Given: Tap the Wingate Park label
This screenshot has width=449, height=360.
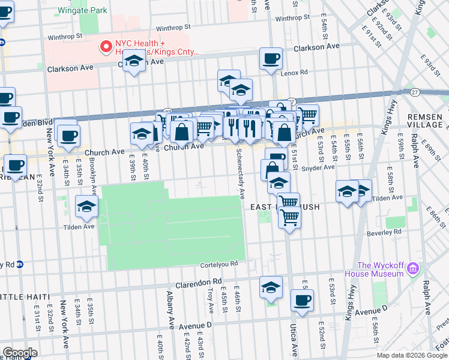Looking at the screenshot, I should click(x=82, y=10).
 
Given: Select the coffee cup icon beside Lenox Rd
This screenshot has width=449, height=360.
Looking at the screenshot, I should click(x=271, y=58).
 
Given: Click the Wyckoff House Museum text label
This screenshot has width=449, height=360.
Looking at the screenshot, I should click(x=380, y=269).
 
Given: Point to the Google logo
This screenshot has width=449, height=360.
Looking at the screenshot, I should click(x=20, y=352).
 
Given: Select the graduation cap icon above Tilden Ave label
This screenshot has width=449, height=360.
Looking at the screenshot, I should click(x=87, y=207).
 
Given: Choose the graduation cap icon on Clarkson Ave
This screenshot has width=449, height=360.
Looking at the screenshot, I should click(x=134, y=61).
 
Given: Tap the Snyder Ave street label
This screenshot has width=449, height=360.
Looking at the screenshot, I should click(x=318, y=167).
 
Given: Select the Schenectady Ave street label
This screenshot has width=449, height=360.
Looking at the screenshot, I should click(x=240, y=174).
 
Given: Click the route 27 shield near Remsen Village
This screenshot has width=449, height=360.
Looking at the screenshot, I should click(x=415, y=92).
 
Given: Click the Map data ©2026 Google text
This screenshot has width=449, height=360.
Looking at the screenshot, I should click(x=411, y=355).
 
